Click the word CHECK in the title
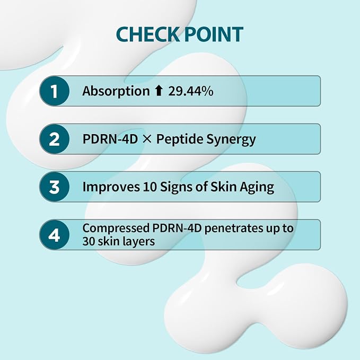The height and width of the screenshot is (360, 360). (x=147, y=34)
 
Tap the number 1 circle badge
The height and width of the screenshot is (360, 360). (x=54, y=91)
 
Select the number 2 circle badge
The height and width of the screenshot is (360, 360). (x=54, y=139)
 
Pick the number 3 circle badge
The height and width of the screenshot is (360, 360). (x=54, y=187)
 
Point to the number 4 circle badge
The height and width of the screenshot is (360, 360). (x=54, y=235)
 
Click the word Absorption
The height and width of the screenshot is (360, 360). (x=116, y=91)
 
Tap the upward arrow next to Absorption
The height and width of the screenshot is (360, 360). (x=159, y=91)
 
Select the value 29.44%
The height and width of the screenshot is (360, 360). (x=190, y=91)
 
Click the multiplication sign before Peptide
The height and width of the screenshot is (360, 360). (x=147, y=139)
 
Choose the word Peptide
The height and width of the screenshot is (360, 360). (x=180, y=139)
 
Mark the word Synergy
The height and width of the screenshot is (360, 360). (x=231, y=140)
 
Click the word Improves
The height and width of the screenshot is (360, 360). (x=111, y=187)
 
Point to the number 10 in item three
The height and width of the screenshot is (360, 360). (x=150, y=187)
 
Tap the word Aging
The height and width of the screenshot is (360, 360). (x=257, y=187)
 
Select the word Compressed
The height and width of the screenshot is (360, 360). (x=116, y=229)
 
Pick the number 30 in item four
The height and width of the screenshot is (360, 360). (x=89, y=241)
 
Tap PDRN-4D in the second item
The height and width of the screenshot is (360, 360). (x=110, y=139)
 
